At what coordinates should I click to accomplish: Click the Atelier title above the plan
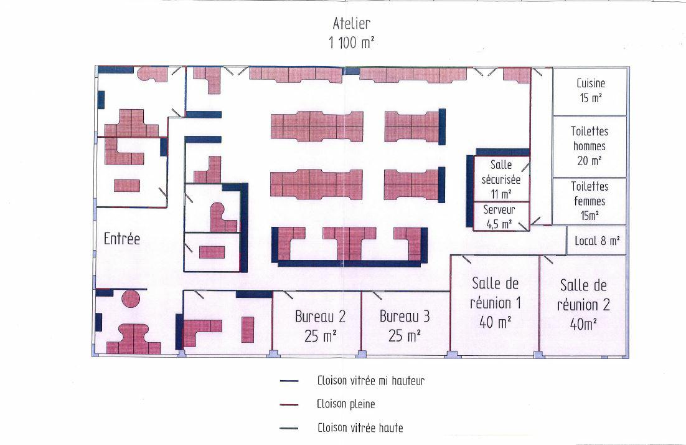(x=351, y=23)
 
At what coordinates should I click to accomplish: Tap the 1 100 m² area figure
(x=351, y=42)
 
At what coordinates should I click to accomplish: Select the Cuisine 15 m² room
(x=590, y=92)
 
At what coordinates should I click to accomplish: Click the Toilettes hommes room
(x=590, y=146)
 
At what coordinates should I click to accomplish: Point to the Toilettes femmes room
(x=590, y=201)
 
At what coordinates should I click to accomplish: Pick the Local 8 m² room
(x=597, y=241)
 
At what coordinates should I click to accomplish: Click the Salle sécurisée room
(x=501, y=179)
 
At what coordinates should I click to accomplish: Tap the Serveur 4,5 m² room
(x=501, y=216)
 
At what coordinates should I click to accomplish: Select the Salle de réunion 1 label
(x=496, y=293)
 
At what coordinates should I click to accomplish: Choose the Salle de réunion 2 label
(x=583, y=295)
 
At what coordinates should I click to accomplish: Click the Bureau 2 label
(x=320, y=317)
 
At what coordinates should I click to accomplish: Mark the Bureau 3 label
(x=404, y=317)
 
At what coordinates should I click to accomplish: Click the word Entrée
(x=122, y=239)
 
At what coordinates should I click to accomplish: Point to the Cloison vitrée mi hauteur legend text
(x=371, y=381)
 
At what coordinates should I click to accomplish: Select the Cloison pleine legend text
(x=346, y=404)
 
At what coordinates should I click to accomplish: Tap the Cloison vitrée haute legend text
(x=360, y=428)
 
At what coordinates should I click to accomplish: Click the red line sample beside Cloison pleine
(x=289, y=404)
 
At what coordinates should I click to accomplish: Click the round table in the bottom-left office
(x=130, y=299)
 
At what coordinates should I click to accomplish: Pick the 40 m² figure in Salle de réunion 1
(x=496, y=323)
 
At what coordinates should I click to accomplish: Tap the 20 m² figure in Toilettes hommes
(x=590, y=161)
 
